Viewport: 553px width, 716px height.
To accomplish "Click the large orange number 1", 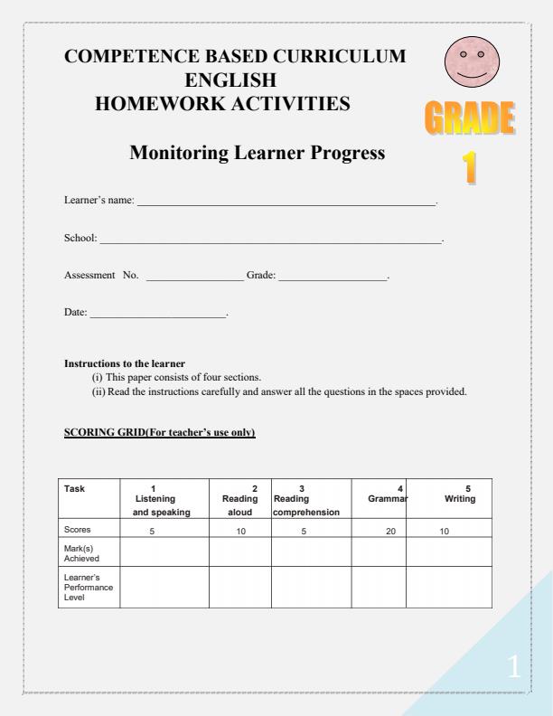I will tap(471, 170).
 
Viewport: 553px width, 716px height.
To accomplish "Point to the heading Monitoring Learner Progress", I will tap(258, 154).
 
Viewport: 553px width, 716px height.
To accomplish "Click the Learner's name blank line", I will tap(286, 206).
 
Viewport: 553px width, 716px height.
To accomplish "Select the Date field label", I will tap(76, 312).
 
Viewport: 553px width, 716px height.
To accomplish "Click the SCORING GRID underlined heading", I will tap(160, 433).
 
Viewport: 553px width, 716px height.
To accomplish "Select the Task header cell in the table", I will tap(76, 489).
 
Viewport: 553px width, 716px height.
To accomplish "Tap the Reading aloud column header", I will tap(240, 499).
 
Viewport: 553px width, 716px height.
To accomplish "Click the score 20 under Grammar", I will tap(390, 531).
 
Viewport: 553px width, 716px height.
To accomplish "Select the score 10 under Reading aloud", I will tap(240, 531).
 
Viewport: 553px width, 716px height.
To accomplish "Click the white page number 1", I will tap(513, 669).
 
